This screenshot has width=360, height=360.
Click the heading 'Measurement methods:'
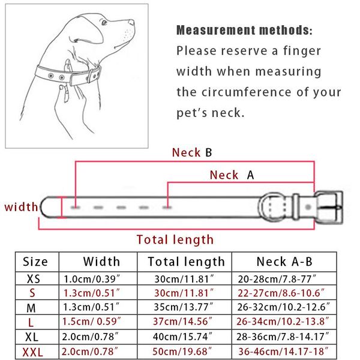244,30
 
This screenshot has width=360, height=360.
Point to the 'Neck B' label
192,152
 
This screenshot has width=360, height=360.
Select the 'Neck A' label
232,175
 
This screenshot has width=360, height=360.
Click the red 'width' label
21,207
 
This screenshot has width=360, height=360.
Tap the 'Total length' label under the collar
175,239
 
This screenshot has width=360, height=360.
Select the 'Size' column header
35,262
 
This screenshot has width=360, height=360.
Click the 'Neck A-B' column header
284,262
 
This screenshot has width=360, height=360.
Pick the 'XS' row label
35,279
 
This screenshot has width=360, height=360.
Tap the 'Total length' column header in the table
184,262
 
